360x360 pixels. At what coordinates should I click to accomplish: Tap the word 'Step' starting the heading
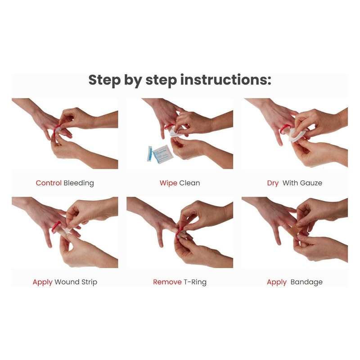coord(104,80)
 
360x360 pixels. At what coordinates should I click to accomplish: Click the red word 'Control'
coord(49,183)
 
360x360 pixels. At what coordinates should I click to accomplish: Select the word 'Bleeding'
coord(79,183)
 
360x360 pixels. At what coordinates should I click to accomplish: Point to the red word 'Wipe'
coord(168,183)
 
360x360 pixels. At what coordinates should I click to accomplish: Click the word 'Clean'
coord(189,183)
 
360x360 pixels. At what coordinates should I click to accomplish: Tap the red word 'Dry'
coord(273,183)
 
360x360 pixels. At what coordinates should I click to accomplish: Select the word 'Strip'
coord(88,282)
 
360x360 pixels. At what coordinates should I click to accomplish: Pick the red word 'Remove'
coord(167,282)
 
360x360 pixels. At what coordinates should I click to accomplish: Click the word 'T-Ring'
coord(195,282)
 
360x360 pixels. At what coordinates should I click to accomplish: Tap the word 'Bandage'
coord(306,282)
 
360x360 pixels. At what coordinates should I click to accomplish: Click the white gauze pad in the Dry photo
coord(297,134)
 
